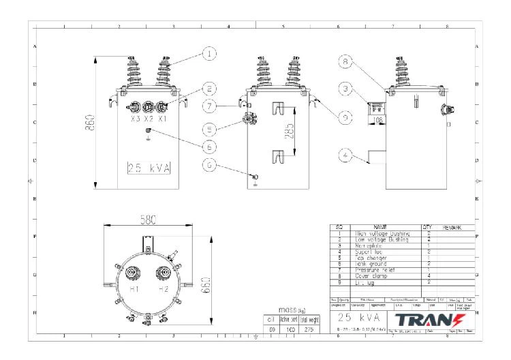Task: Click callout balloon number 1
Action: (211, 52)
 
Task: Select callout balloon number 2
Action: (210, 88)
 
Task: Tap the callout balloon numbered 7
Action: (210, 106)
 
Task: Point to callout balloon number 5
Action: (210, 127)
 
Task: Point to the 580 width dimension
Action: (146, 221)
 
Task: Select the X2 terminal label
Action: (148, 119)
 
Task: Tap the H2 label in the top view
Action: (164, 288)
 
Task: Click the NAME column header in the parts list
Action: (380, 227)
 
